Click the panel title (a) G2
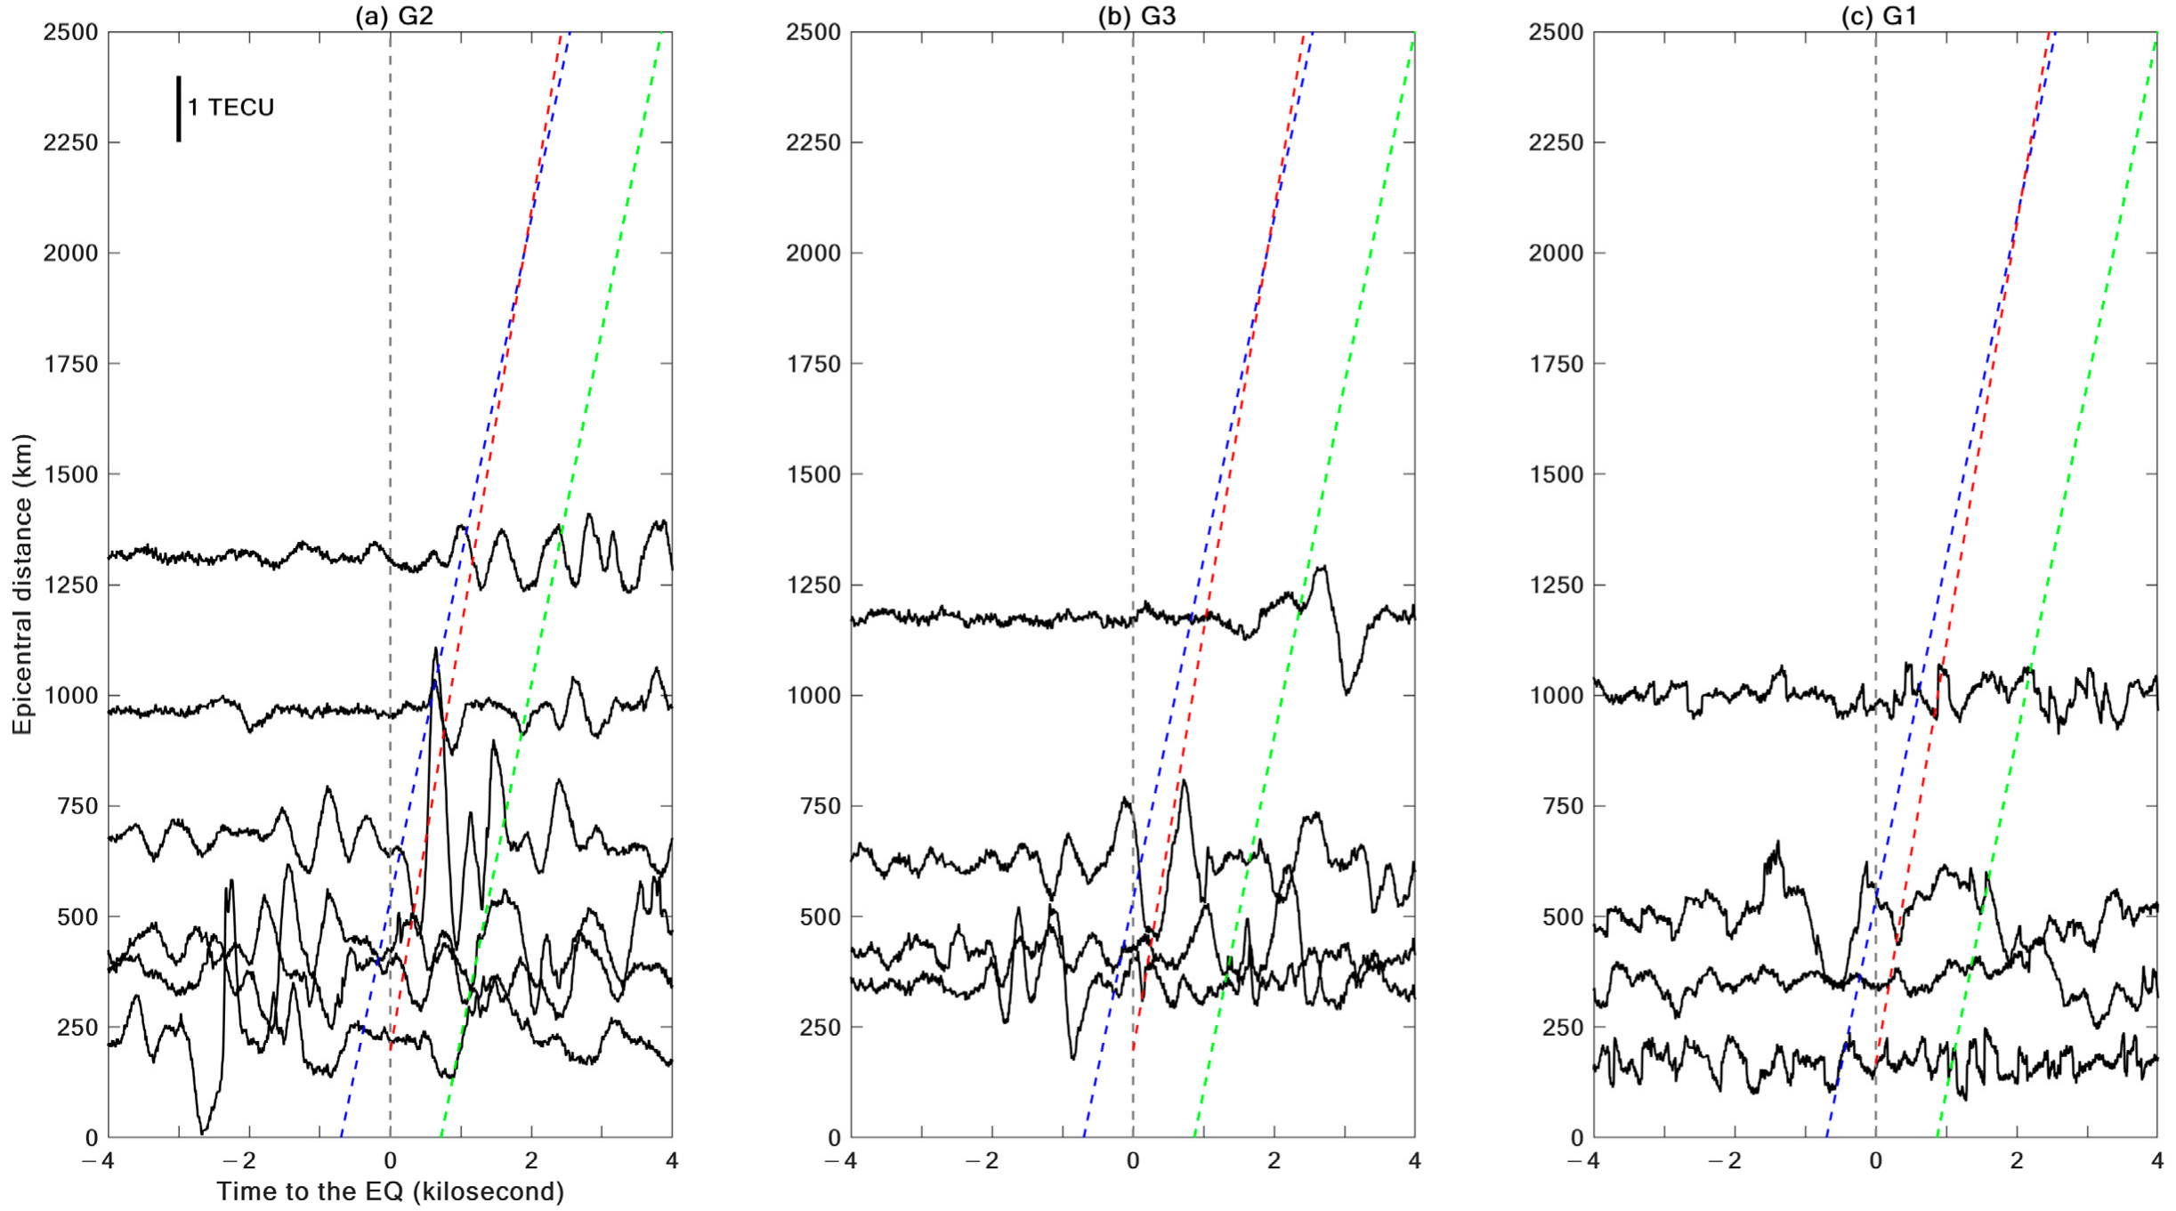(x=394, y=15)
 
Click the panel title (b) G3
(x=1137, y=15)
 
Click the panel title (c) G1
(x=1879, y=15)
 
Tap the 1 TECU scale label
(x=231, y=108)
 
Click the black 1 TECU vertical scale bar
(x=179, y=109)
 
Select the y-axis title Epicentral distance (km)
(x=21, y=585)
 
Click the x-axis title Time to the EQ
(x=390, y=1191)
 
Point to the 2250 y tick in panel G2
(x=70, y=142)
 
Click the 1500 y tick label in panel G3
(x=813, y=474)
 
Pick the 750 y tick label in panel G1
(x=1562, y=806)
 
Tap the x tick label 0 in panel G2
(x=390, y=1161)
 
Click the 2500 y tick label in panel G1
(x=1556, y=32)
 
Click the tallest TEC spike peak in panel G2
(x=435, y=650)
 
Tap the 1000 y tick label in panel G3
(x=813, y=696)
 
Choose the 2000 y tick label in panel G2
(x=70, y=253)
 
